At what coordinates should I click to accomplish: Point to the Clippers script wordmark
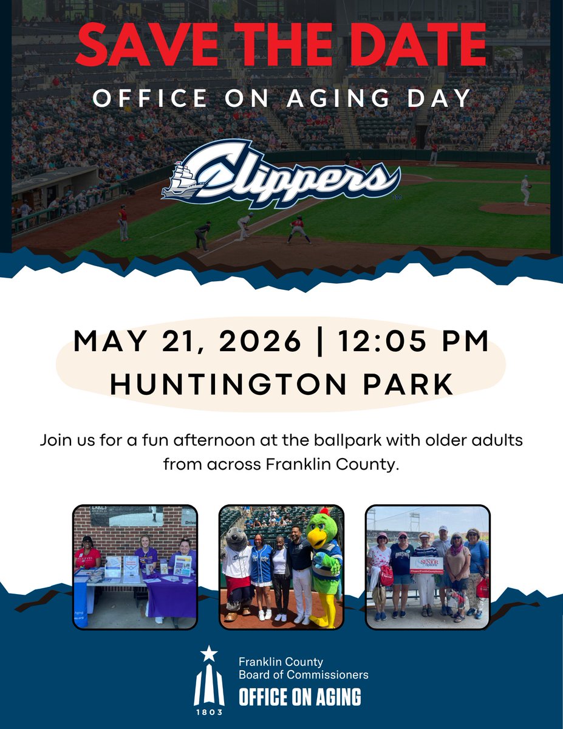pyautogui.click(x=298, y=174)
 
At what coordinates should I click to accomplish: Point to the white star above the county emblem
pyautogui.click(x=209, y=654)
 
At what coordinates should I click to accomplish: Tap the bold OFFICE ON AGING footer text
pyautogui.click(x=299, y=697)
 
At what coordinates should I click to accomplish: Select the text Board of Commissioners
pyautogui.click(x=303, y=674)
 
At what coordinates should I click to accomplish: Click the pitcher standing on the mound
pyautogui.click(x=525, y=190)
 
